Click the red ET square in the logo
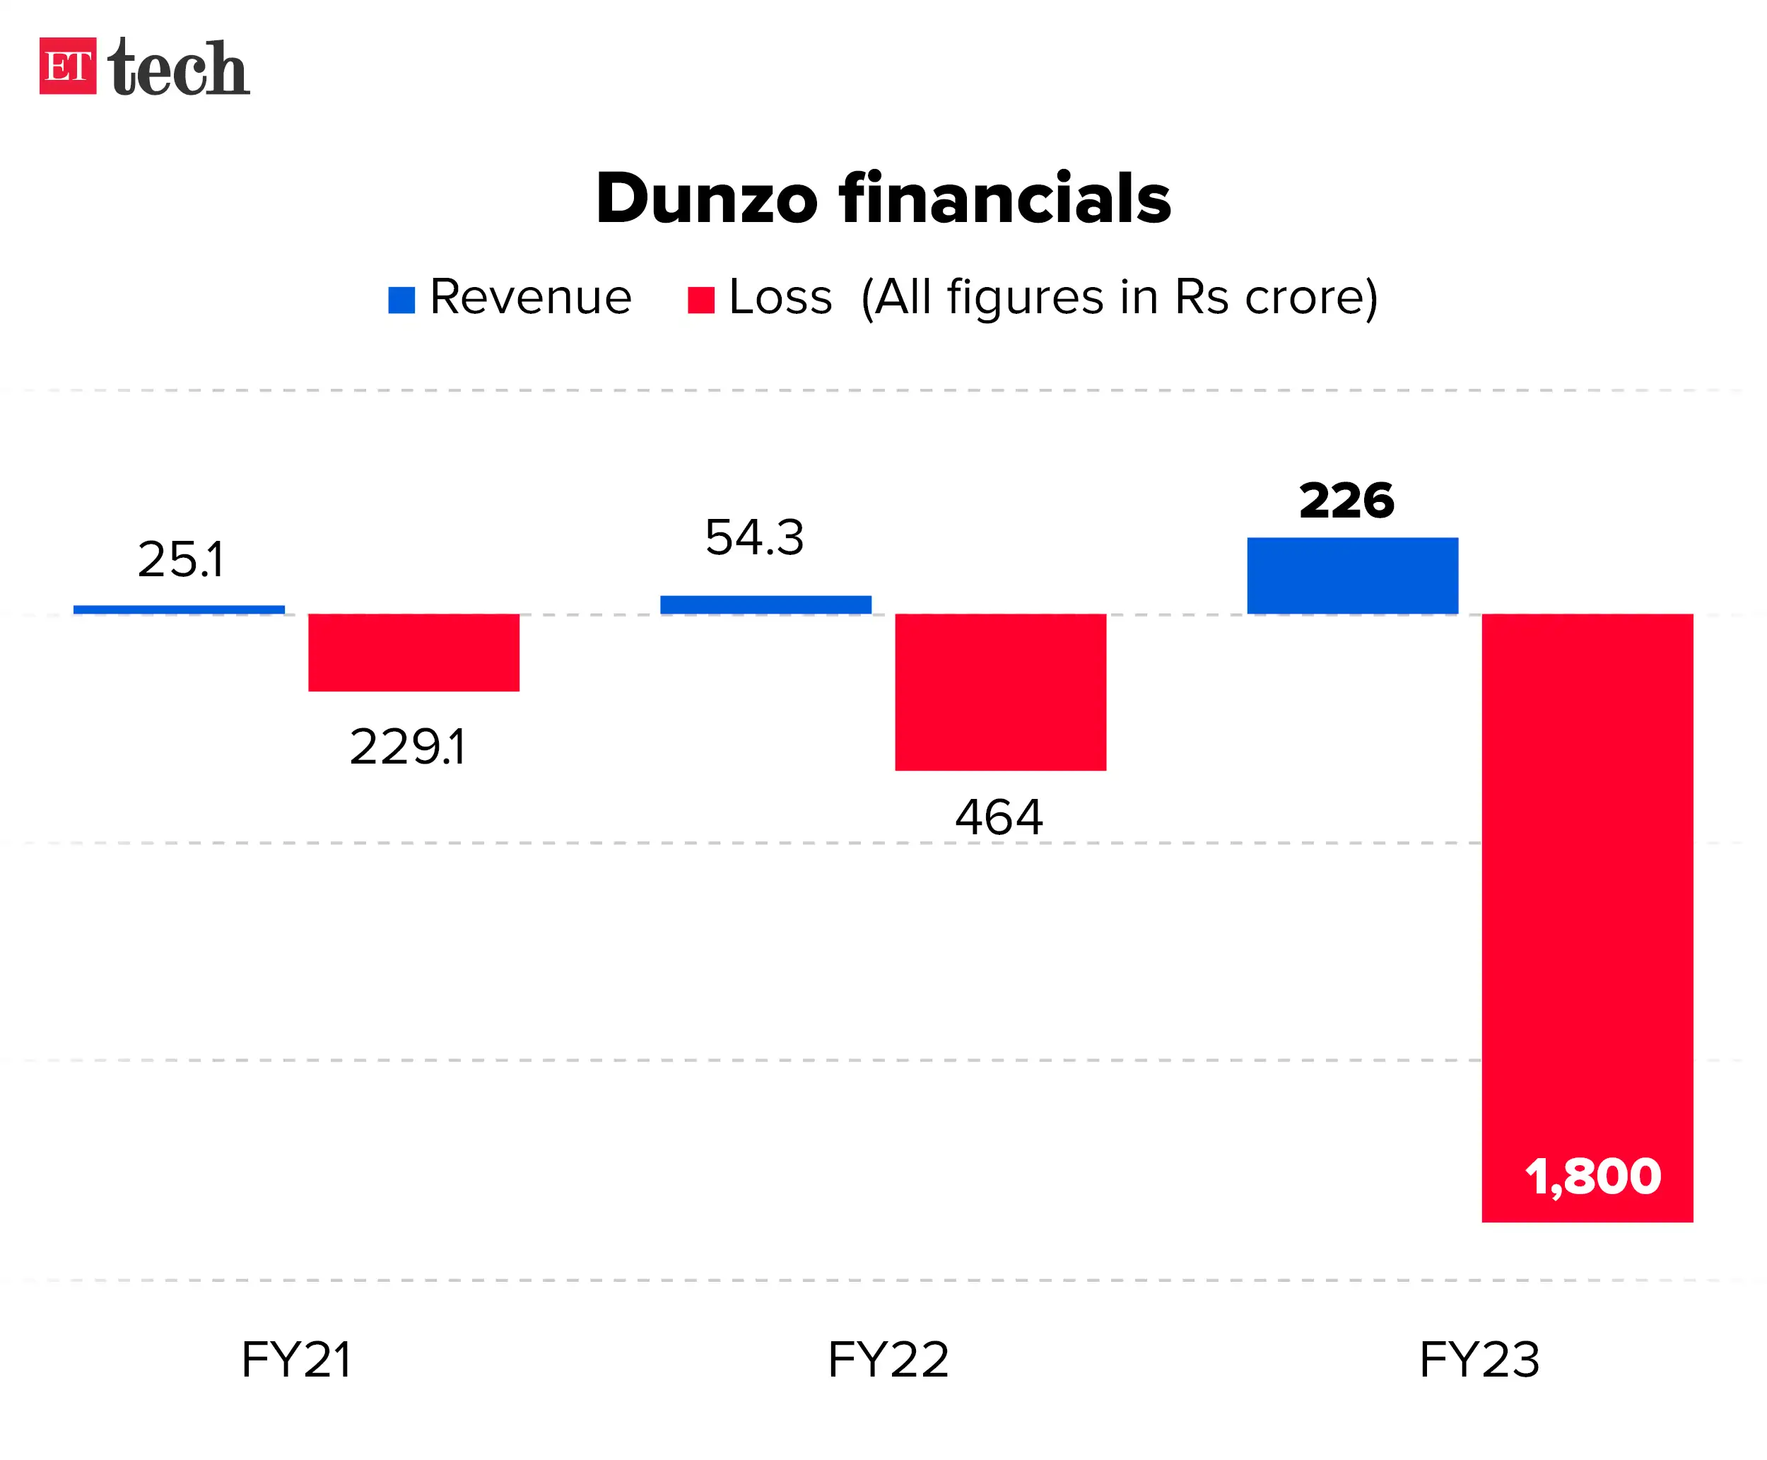[67, 66]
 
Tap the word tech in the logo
[178, 67]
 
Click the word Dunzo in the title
[706, 199]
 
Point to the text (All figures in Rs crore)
[1119, 297]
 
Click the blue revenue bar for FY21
[179, 609]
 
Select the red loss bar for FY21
[413, 653]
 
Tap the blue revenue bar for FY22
[765, 605]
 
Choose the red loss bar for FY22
[1000, 691]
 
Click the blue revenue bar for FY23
[1351, 576]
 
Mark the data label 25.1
[181, 559]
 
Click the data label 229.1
[407, 746]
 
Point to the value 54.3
[754, 537]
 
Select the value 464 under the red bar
[999, 817]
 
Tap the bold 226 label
[1346, 501]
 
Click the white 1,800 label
[1592, 1176]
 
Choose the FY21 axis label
[296, 1359]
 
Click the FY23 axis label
[1479, 1359]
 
